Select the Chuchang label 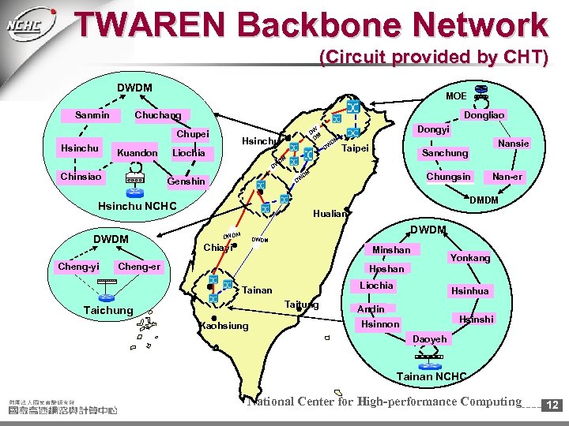coord(158,115)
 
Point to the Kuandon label coord(137,152)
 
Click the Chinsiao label coord(81,176)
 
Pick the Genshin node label coord(187,181)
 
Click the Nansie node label coord(513,143)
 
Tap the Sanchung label coord(445,152)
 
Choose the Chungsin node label coord(448,176)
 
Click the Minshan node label coord(391,249)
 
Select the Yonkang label coord(469,257)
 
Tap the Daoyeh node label coord(430,338)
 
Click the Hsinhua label coord(469,291)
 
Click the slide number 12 coord(553,405)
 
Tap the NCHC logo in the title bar coord(30,24)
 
